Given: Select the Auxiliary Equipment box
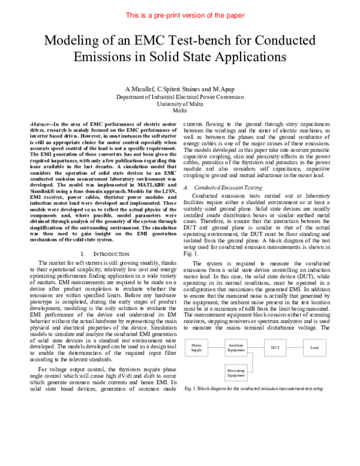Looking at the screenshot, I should [x=236, y=349].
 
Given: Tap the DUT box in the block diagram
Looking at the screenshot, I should [x=275, y=348].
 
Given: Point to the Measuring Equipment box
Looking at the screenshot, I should [x=236, y=374].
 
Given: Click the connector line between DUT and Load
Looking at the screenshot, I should [x=295, y=348].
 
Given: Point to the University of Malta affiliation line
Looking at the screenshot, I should [x=179, y=103].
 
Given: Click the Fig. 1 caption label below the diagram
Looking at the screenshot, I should [x=191, y=389].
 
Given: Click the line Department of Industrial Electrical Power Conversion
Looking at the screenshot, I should [x=179, y=96].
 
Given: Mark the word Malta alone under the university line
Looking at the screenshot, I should [x=179, y=110].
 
